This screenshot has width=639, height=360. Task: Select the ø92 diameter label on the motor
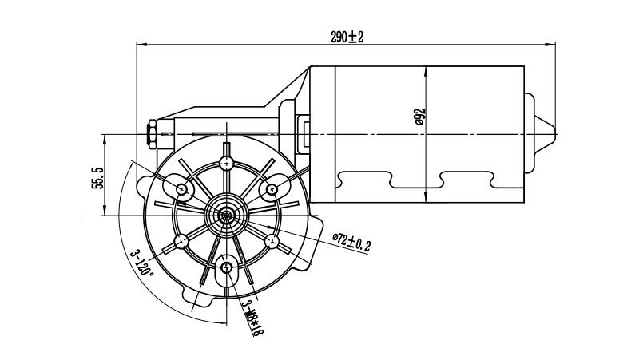[x=419, y=118]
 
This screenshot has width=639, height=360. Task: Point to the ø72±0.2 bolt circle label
[x=351, y=242]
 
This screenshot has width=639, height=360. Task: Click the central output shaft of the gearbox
[x=228, y=214]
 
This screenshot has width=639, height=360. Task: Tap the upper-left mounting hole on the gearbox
[x=183, y=189]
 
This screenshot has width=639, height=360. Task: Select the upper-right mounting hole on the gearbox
[x=272, y=189]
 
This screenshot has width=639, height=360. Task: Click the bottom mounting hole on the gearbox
[x=228, y=267]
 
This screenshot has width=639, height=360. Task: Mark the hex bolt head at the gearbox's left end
[x=151, y=133]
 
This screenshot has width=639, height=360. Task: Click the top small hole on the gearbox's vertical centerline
[x=228, y=162]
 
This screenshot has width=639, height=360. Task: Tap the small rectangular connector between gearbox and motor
[x=305, y=133]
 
